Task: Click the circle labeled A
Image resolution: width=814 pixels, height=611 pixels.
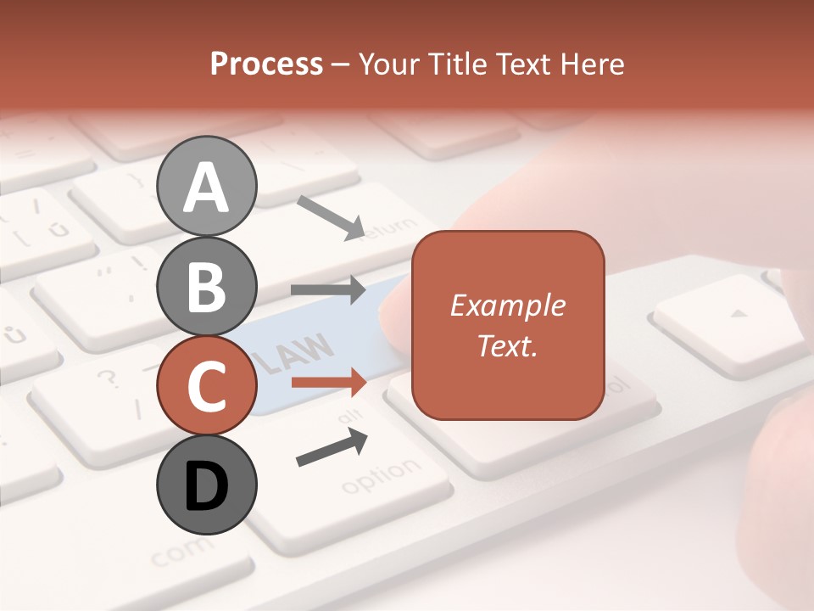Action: (207, 186)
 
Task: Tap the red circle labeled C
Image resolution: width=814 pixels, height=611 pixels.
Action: (207, 386)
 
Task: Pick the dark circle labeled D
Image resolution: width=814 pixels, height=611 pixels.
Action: (207, 485)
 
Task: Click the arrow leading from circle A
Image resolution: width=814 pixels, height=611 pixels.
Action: (331, 217)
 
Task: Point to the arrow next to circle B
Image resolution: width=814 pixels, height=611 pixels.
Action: (328, 290)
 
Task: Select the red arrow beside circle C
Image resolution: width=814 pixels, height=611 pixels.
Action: (328, 383)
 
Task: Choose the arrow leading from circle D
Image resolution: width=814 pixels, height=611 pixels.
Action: (332, 448)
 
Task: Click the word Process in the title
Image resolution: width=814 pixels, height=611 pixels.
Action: (266, 64)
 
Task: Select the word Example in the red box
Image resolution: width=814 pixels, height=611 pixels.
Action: (508, 305)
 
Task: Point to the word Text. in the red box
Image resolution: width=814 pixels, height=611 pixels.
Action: (508, 345)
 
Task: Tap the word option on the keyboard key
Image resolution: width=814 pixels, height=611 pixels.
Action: (381, 476)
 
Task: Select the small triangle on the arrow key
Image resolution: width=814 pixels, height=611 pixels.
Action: (740, 313)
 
